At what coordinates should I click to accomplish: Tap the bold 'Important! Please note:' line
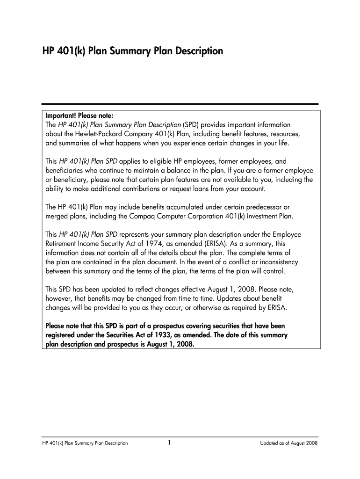coord(79,116)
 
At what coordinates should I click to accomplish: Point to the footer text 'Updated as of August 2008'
coord(289,443)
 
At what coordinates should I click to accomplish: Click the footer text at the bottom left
coord(85,443)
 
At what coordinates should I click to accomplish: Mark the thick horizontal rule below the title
coord(180,104)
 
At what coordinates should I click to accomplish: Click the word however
coord(59,298)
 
